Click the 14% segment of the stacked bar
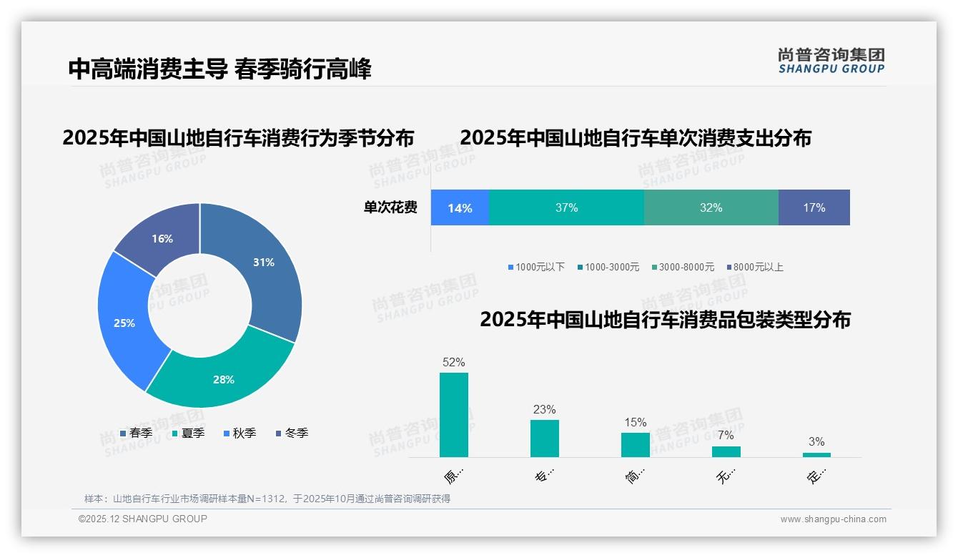[x=460, y=208]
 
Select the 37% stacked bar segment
[x=566, y=208]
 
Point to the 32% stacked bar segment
[x=711, y=208]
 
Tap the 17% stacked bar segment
[x=814, y=208]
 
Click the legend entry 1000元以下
[x=536, y=268]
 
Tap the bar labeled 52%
[x=454, y=415]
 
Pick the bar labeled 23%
[x=545, y=438]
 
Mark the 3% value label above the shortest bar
[x=816, y=441]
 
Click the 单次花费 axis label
[x=390, y=208]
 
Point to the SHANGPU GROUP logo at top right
[x=831, y=61]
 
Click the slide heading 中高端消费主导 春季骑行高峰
[x=220, y=69]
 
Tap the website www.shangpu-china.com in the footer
[x=833, y=519]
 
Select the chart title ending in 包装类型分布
[x=665, y=320]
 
